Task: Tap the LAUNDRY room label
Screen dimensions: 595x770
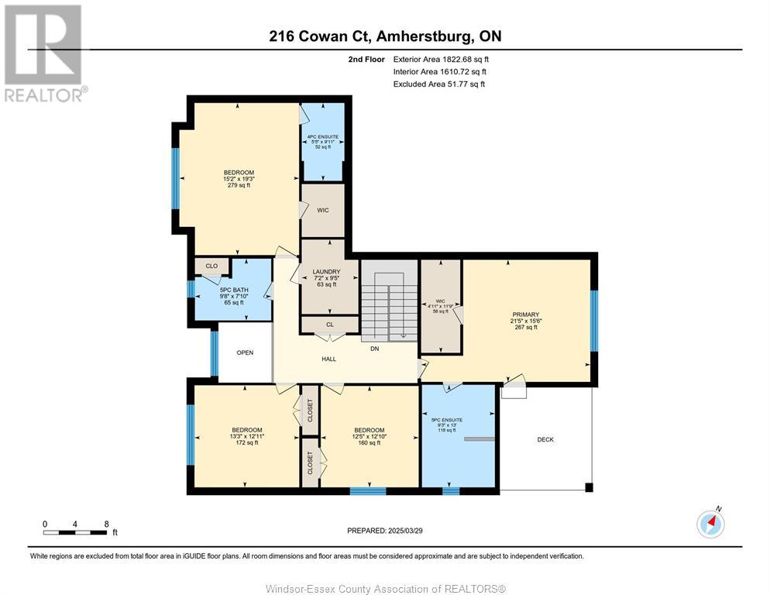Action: point(326,272)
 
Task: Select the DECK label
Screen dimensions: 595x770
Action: point(545,439)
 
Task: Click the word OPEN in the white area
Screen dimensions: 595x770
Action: point(245,353)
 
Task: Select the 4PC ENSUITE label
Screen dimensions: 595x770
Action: point(322,136)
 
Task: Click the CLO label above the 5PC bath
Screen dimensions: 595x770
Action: point(211,267)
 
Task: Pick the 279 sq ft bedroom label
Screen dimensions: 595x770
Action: point(239,173)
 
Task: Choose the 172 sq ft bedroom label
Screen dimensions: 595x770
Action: point(246,430)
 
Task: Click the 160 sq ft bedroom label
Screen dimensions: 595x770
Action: point(369,430)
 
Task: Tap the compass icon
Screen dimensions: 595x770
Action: point(710,524)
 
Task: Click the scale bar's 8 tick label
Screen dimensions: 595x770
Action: point(105,524)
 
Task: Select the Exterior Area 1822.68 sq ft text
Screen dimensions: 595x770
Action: point(441,59)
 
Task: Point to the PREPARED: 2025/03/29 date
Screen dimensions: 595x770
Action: point(385,531)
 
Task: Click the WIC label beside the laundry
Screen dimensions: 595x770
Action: point(323,210)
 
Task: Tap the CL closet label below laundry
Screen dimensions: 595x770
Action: point(329,325)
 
